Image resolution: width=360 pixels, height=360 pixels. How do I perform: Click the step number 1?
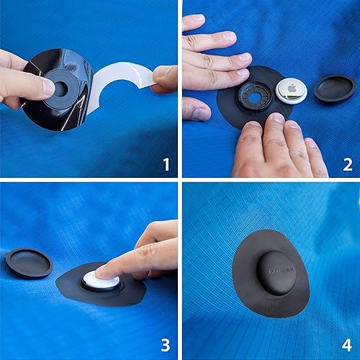point(166,166)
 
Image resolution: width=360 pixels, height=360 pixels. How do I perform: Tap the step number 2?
point(347,166)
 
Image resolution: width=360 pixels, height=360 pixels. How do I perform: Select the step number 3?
point(166,346)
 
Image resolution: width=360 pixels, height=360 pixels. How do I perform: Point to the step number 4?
point(347,346)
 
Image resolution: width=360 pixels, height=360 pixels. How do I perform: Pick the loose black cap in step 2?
point(335,88)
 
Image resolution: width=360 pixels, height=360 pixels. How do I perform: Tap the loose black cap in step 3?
point(29,262)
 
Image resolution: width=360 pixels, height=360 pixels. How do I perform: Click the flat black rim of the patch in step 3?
point(126,292)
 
